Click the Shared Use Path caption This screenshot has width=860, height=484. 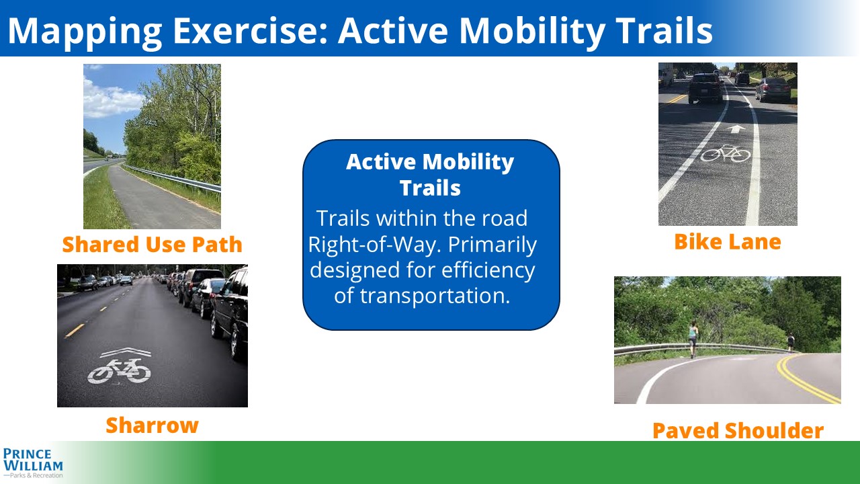(152, 244)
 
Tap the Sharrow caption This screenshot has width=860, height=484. (152, 426)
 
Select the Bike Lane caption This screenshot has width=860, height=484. (728, 242)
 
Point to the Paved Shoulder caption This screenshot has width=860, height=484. (738, 430)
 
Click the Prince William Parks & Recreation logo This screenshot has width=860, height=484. (33, 463)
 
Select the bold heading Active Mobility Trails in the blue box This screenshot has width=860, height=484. (430, 175)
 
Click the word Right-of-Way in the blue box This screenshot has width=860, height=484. (376, 244)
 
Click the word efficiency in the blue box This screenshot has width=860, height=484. (488, 270)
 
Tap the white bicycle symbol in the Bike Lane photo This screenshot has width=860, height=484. (725, 153)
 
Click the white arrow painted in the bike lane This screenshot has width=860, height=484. (736, 129)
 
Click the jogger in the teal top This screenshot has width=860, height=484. (693, 339)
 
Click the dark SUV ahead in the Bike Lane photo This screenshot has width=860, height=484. (705, 88)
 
